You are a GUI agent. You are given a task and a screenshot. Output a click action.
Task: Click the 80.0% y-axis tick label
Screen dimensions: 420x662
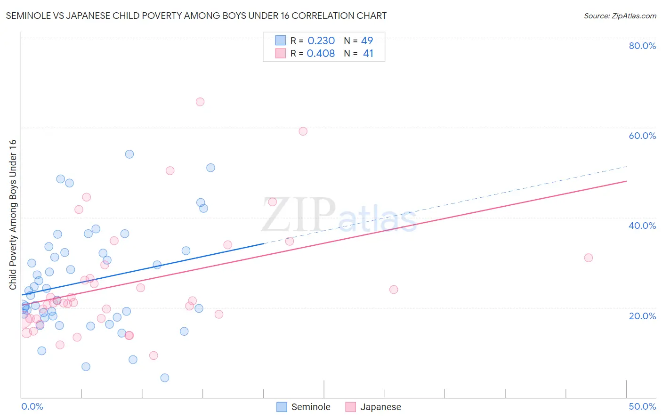pyautogui.click(x=642, y=46)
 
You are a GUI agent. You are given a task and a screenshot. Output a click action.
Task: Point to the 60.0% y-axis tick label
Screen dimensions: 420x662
pyautogui.click(x=642, y=136)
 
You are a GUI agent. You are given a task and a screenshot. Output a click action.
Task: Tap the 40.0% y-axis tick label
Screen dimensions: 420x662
pyautogui.click(x=642, y=226)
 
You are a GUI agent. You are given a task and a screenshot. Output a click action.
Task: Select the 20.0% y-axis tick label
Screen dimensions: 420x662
pyautogui.click(x=642, y=316)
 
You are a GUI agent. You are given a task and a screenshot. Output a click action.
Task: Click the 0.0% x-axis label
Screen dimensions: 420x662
pyautogui.click(x=32, y=406)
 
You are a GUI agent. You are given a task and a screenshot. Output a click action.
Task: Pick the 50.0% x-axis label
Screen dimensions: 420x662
pyautogui.click(x=642, y=406)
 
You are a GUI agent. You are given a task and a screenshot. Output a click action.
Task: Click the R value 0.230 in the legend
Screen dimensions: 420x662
pyautogui.click(x=321, y=41)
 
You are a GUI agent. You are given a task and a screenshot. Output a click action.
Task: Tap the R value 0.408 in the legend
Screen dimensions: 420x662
pyautogui.click(x=321, y=54)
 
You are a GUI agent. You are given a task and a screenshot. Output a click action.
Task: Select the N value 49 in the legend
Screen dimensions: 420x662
pyautogui.click(x=367, y=41)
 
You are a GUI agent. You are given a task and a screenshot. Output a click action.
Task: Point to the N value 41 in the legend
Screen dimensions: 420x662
pyautogui.click(x=368, y=54)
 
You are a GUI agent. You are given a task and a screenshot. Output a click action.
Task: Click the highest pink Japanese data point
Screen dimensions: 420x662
pyautogui.click(x=200, y=102)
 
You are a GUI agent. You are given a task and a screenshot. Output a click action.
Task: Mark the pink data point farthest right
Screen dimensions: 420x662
pyautogui.click(x=588, y=258)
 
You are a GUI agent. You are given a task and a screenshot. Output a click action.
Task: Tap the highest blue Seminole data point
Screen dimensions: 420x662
pyautogui.click(x=129, y=154)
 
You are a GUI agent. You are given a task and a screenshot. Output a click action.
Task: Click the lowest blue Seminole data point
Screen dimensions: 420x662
pyautogui.click(x=165, y=378)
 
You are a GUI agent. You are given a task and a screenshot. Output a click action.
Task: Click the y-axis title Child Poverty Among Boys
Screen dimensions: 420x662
pyautogui.click(x=13, y=215)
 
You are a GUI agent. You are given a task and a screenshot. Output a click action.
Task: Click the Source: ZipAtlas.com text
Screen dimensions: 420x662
pyautogui.click(x=620, y=16)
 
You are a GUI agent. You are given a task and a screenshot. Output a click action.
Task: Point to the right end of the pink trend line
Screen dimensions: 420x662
pyautogui.click(x=626, y=181)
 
